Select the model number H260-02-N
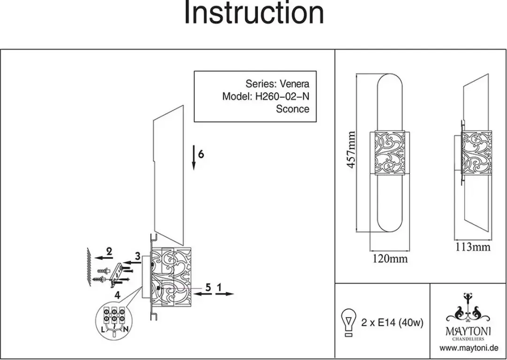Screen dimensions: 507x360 pos(282,96)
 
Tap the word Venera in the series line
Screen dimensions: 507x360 pos(294,84)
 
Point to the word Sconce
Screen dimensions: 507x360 pos(292,109)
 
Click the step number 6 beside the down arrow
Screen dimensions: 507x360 pos(201,154)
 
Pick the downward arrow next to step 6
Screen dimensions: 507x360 pos(194,157)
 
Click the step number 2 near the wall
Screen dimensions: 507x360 pos(109,251)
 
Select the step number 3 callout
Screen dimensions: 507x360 pos(138,257)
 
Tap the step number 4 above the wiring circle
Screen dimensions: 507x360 pos(117,295)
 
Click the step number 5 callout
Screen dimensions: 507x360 pos(208,287)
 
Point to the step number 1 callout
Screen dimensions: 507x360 pos(220,287)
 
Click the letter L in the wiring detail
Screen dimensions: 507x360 pos(103,329)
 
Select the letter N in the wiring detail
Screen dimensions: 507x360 pos(126,329)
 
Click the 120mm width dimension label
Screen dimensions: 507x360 pos(390,259)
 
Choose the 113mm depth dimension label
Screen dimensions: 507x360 pos(473,247)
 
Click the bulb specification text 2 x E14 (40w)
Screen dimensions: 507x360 pos(392,322)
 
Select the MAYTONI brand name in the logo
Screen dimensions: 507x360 pos(468,331)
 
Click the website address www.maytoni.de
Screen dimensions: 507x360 pos(469,348)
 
